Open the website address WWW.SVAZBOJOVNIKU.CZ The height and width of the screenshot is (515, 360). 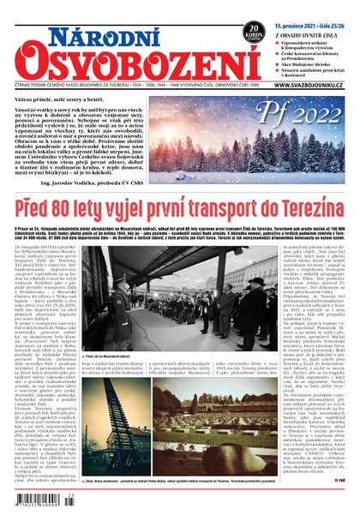pos(313,84)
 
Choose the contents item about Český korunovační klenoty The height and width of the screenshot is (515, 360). pos(313,49)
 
